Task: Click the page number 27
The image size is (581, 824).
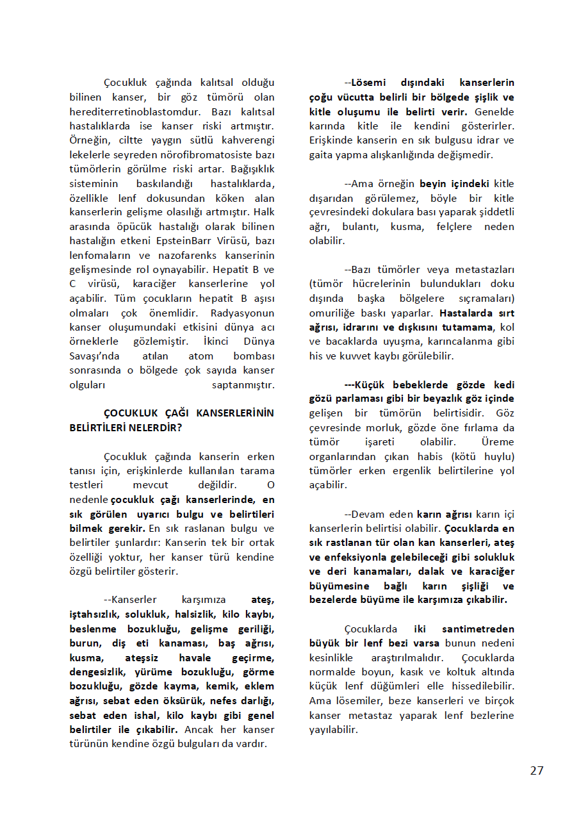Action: [536, 770]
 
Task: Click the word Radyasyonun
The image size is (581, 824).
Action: [243, 313]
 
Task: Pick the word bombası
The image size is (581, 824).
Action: [254, 356]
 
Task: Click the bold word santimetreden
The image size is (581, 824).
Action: [475, 629]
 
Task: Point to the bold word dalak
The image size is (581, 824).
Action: [461, 572]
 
